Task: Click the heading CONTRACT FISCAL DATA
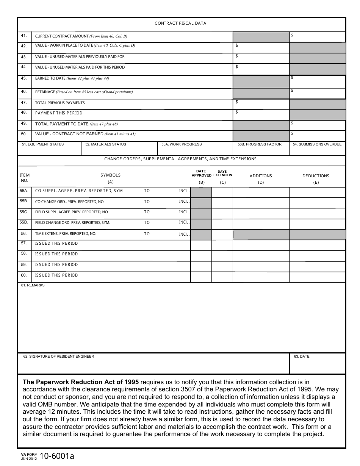[x=180, y=23]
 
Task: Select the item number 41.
[x=24, y=36]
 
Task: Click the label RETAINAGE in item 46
[x=45, y=92]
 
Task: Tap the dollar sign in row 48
[x=237, y=112]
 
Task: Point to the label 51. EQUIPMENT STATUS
[x=43, y=144]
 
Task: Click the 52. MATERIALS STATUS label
[x=106, y=144]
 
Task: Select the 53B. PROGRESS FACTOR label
[x=260, y=144]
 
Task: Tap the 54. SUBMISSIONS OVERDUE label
[x=317, y=144]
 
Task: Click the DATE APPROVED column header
[x=201, y=173]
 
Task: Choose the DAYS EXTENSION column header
[x=222, y=174]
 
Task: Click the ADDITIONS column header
[x=261, y=176]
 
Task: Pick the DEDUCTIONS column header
[x=316, y=176]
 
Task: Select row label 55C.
[x=24, y=212]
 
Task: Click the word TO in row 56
[x=147, y=234]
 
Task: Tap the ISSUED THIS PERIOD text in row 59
[x=56, y=265]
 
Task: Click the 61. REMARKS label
[x=33, y=285]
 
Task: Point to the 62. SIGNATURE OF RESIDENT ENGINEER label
[x=59, y=357]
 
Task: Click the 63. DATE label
[x=302, y=357]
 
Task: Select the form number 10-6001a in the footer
[x=59, y=456]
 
